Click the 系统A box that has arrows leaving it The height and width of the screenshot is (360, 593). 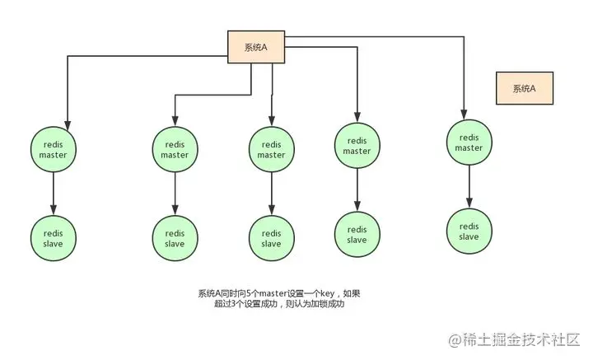click(257, 47)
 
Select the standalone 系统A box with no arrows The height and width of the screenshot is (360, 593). click(524, 88)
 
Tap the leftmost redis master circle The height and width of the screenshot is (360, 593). click(54, 148)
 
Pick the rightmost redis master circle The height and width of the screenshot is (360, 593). click(469, 143)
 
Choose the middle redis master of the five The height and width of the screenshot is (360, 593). click(271, 149)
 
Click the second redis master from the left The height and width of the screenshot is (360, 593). click(175, 149)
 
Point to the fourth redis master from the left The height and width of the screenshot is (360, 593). click(357, 145)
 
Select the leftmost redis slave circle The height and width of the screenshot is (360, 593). click(54, 237)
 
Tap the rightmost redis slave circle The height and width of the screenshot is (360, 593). click(469, 231)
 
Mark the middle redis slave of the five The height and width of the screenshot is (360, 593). click(271, 238)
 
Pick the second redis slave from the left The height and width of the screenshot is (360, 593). click(175, 238)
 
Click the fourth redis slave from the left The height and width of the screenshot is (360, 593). click(357, 235)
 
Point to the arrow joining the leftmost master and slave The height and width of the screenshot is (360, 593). click(54, 193)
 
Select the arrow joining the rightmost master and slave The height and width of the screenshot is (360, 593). click(469, 187)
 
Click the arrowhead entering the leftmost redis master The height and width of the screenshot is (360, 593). click(68, 120)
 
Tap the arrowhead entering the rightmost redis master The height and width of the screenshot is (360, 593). click(465, 115)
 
